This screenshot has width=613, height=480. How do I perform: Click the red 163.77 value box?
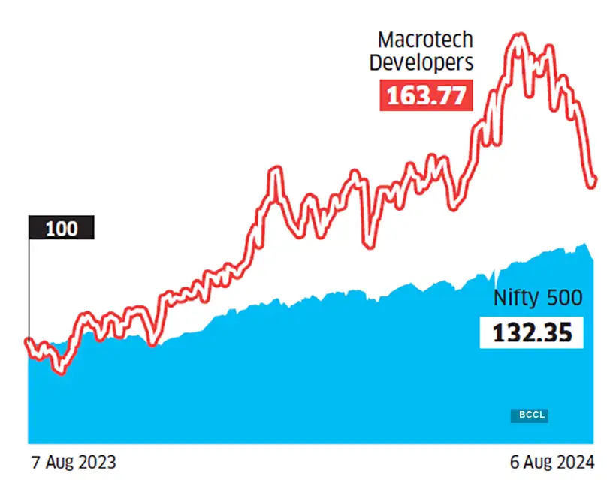pos(425,96)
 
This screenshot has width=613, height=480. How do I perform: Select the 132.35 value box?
pos(530,331)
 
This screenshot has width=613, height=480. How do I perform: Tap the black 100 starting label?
pos(62,228)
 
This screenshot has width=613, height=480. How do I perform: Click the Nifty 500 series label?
pos(537,298)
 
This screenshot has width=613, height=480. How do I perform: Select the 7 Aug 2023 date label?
pos(74,460)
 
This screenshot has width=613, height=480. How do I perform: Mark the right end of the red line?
pos(594,181)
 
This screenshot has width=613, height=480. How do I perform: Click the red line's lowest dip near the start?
pos(61,370)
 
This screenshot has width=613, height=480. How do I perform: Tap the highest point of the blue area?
pos(584,244)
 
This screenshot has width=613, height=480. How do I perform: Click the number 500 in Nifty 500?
pos(562,298)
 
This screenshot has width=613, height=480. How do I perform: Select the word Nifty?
pos(515,298)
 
